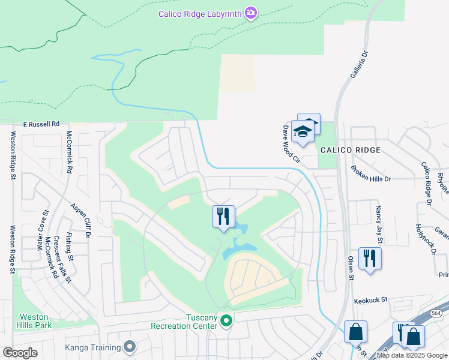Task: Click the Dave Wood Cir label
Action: point(291,144)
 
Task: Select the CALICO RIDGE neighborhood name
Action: point(350,150)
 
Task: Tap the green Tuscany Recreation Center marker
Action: point(226,322)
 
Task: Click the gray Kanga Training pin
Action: point(129,346)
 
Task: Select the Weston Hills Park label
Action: point(35,321)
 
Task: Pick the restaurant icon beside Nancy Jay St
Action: point(370,259)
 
